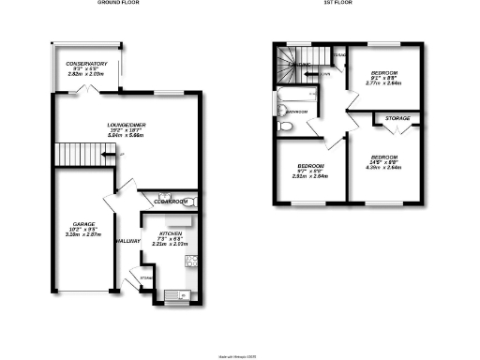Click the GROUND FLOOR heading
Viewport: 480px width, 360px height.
click(116, 4)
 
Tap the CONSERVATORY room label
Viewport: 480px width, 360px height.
click(86, 64)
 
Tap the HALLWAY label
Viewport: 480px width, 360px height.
click(127, 241)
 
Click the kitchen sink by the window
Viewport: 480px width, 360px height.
click(172, 295)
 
